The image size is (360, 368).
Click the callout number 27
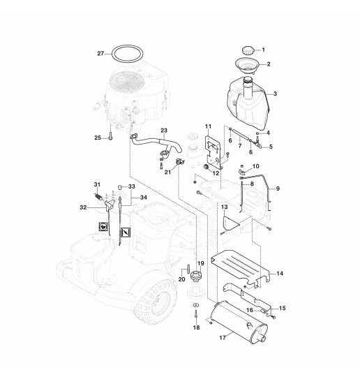pyautogui.click(x=100, y=54)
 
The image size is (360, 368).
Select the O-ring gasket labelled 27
pyautogui.click(x=112, y=54)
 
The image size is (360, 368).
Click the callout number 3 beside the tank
pyautogui.click(x=275, y=94)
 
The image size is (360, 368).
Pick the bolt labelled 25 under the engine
pyautogui.click(x=111, y=135)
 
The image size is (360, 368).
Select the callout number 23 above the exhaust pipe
pyautogui.click(x=164, y=131)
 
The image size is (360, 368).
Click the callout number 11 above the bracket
pyautogui.click(x=208, y=126)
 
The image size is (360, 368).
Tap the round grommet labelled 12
pyautogui.click(x=207, y=167)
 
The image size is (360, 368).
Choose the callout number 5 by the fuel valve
pyautogui.click(x=271, y=147)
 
